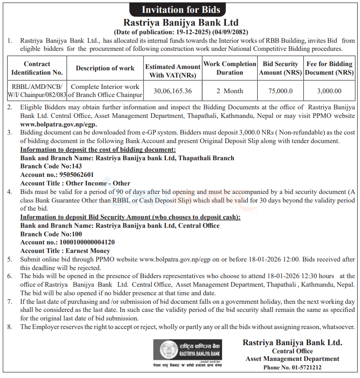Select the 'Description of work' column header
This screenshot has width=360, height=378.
coord(105,68)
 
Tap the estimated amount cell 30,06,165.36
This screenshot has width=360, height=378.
coord(173,91)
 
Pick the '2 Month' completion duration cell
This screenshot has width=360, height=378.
coord(230,91)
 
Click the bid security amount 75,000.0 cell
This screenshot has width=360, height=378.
coord(280,91)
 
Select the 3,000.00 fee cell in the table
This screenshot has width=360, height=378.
coord(329,91)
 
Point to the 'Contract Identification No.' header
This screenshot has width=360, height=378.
coord(37,68)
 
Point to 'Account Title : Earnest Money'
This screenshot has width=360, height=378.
coord(65,251)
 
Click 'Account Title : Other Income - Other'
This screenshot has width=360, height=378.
coord(75,183)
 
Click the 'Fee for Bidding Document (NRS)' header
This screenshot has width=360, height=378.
coord(329,68)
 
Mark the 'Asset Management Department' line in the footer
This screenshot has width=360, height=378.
coord(292,359)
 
